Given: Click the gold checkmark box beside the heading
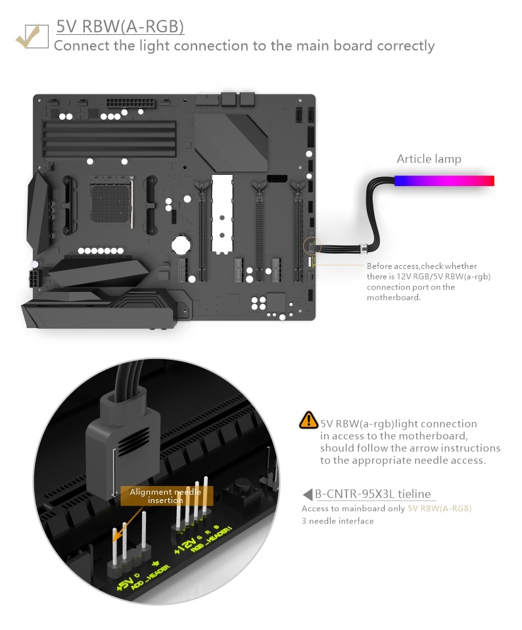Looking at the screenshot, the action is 32,37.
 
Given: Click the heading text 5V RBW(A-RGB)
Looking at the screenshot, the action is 120,26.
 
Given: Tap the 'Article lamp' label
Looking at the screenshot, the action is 429,159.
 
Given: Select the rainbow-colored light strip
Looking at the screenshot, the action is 444,181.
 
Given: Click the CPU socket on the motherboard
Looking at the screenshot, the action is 111,199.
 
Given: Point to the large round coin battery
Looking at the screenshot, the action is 181,244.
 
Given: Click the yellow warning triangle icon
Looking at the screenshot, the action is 308,420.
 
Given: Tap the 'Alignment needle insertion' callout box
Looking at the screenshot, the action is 166,496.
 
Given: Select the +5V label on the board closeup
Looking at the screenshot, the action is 125,581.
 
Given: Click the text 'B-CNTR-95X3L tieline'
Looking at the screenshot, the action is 373,494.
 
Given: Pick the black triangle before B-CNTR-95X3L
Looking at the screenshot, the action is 307,494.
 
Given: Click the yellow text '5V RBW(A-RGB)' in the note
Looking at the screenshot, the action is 439,508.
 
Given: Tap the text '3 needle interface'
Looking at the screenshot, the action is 338,521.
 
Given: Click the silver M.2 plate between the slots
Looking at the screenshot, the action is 222,214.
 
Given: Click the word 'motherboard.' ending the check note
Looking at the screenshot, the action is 394,297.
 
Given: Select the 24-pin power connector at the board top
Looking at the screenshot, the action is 130,103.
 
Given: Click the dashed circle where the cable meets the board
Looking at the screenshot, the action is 312,246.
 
